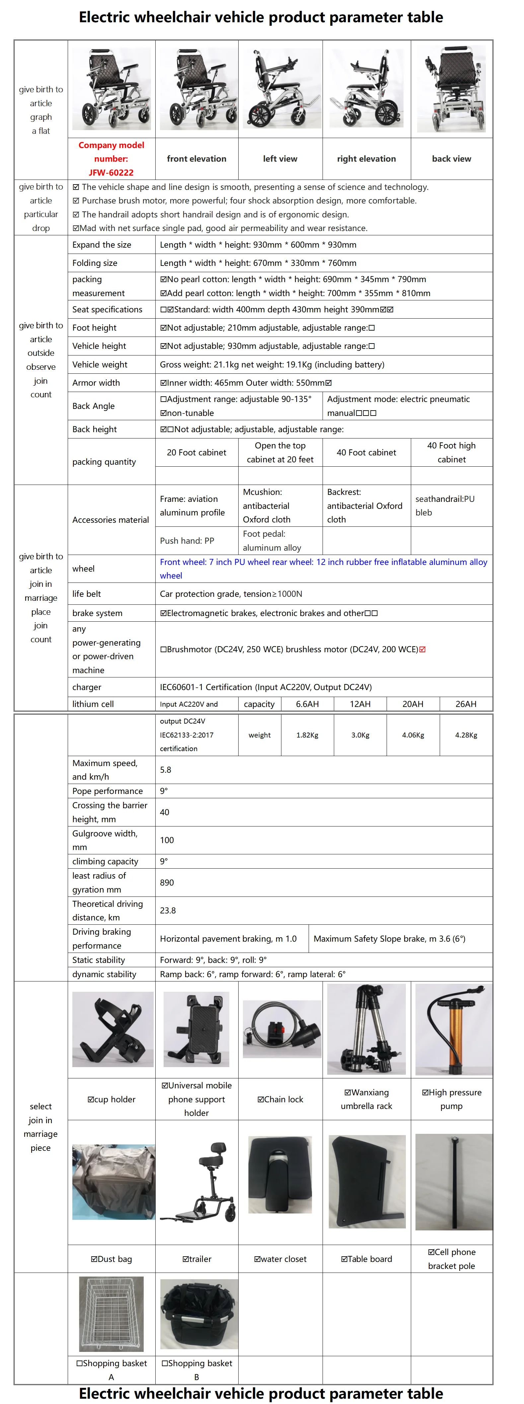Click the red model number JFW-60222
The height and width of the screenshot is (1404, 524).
[x=111, y=172]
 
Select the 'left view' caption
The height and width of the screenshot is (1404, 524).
[x=280, y=159]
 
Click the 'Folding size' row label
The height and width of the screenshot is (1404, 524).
[x=95, y=263]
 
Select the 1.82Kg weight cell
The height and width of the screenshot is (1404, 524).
[x=307, y=735]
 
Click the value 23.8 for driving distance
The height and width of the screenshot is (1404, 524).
[x=168, y=910]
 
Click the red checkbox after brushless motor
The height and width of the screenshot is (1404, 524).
[x=423, y=649]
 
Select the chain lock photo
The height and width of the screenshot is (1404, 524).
[x=282, y=1029]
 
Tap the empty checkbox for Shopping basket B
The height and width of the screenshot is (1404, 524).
[x=165, y=1363]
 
